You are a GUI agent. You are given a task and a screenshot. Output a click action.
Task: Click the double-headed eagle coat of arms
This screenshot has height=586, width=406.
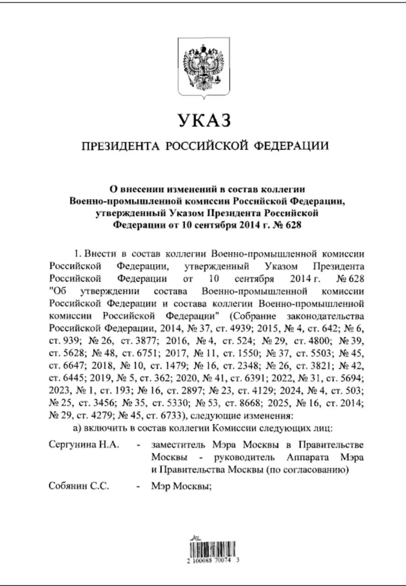[204, 68]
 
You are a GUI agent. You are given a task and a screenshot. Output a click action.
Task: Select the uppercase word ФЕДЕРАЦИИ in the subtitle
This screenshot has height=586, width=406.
[291, 146]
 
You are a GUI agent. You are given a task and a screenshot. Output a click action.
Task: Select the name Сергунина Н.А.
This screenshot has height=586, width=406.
[84, 444]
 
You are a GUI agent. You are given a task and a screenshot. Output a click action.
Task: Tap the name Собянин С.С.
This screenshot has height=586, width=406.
[79, 486]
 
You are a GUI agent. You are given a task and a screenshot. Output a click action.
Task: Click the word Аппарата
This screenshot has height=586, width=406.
[308, 458]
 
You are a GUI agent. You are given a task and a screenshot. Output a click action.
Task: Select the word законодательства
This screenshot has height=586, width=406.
[325, 316]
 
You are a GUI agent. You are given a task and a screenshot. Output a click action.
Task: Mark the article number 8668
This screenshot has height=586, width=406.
[249, 403]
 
